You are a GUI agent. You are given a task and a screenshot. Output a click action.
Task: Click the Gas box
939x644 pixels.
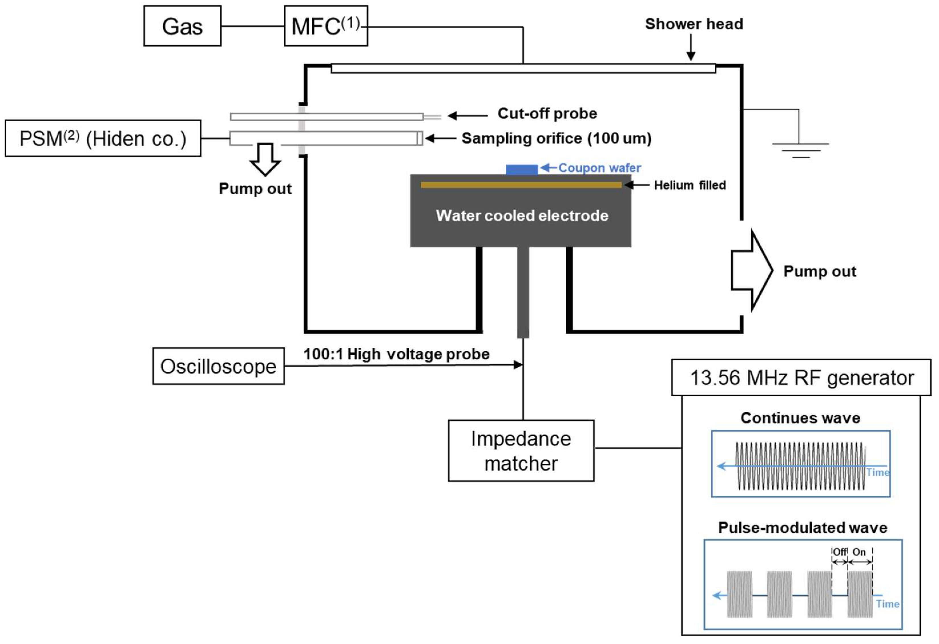[182, 26]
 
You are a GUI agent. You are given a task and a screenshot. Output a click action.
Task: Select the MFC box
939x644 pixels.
[326, 26]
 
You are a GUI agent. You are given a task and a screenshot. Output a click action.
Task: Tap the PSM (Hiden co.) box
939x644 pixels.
[103, 138]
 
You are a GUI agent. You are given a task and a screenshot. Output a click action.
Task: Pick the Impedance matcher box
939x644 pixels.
[521, 451]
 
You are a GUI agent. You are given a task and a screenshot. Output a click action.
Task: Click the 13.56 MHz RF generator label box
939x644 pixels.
[801, 377]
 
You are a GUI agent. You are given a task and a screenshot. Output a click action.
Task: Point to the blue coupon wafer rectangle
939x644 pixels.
[522, 169]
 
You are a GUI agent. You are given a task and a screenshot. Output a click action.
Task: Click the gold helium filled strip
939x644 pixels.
[521, 185]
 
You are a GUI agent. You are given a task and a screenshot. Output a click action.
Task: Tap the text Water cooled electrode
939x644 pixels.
[522, 215]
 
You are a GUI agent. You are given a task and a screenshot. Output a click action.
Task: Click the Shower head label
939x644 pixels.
[694, 24]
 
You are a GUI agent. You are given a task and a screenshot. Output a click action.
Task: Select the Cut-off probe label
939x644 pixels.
[547, 114]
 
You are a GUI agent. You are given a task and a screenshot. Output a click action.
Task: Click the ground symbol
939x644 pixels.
[800, 150]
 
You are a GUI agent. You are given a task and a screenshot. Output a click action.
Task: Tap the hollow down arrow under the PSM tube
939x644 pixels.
[265, 160]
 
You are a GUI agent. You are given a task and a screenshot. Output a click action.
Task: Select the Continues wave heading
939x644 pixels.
[800, 418]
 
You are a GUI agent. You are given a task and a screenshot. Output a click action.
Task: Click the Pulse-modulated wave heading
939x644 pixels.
[803, 528]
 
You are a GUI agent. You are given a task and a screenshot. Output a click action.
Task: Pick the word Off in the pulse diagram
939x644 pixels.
[840, 552]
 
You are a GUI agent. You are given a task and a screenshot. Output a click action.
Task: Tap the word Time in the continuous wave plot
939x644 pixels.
[878, 472]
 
